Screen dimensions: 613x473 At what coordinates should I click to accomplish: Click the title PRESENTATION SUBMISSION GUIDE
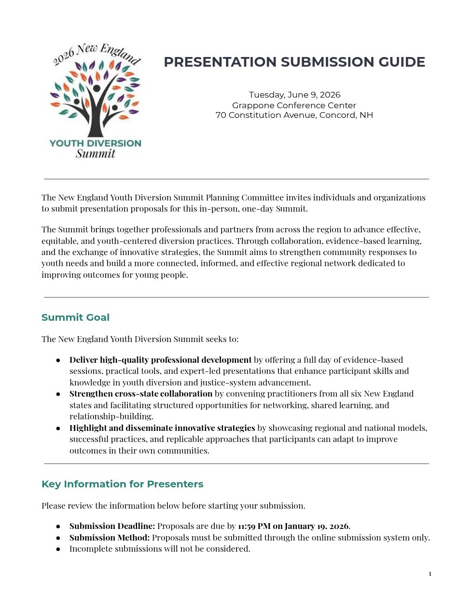(x=294, y=62)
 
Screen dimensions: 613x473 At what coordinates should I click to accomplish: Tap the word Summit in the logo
(x=96, y=154)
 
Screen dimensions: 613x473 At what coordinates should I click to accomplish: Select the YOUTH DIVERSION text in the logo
(x=96, y=143)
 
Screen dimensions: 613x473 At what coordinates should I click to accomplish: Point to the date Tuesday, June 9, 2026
(x=294, y=95)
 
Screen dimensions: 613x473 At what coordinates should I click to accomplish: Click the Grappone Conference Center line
(x=294, y=105)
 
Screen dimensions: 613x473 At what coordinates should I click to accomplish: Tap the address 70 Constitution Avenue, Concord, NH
(x=294, y=115)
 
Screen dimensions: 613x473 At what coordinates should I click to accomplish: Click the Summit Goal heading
(x=75, y=317)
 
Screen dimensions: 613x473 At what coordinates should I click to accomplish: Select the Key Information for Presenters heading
(x=122, y=484)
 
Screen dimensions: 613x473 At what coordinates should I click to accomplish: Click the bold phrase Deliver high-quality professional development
(x=160, y=360)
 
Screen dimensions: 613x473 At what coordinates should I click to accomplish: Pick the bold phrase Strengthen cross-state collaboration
(x=141, y=394)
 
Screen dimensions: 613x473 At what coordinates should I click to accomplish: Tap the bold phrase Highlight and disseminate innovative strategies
(x=162, y=428)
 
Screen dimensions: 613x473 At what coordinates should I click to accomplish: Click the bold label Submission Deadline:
(x=112, y=526)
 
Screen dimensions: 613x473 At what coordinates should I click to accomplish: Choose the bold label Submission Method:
(x=110, y=538)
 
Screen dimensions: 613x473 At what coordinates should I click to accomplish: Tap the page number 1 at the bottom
(x=430, y=574)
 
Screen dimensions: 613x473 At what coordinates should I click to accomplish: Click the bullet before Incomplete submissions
(x=58, y=549)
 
